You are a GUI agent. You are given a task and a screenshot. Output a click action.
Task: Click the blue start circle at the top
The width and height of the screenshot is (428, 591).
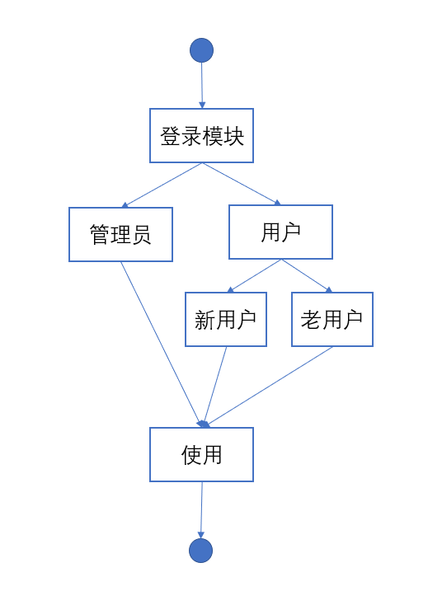point(201,50)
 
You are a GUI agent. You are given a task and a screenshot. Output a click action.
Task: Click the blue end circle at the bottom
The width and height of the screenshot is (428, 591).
point(200,551)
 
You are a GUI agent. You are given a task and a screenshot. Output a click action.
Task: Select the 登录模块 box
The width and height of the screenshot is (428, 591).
point(201,136)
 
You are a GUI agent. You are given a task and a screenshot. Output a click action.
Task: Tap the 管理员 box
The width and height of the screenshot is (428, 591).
point(120,234)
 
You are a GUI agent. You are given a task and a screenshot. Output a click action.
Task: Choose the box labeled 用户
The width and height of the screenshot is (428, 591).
point(280,232)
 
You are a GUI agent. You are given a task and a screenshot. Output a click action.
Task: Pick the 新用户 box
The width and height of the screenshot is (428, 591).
point(226,319)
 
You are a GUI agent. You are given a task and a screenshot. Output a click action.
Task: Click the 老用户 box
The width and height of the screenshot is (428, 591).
point(332,319)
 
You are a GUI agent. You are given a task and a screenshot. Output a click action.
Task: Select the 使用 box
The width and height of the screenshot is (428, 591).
point(201,454)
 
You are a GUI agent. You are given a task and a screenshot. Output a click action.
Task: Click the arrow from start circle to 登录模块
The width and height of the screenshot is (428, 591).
point(202,86)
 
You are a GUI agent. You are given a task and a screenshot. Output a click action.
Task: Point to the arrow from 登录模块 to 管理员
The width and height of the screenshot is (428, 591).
point(162,185)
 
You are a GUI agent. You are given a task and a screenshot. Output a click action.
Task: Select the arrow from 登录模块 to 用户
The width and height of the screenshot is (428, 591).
point(242,184)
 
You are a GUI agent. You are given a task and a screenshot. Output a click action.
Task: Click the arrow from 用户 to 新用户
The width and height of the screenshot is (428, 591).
point(254,275)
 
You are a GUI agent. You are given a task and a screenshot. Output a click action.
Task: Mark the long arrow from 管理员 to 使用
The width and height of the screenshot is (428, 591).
point(162,345)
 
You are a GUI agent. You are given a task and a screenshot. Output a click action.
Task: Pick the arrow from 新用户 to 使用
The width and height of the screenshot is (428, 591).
point(215,387)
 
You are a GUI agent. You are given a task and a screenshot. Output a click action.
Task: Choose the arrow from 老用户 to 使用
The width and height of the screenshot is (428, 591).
point(269,387)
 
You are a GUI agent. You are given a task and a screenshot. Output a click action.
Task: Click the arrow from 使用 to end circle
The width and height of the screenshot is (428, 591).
point(201,510)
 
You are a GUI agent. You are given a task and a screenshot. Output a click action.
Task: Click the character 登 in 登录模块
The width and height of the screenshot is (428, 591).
point(170,136)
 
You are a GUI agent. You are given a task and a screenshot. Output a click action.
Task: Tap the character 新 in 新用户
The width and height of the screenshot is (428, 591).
point(205,320)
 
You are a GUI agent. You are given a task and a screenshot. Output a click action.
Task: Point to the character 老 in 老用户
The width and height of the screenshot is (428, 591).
point(311,320)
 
